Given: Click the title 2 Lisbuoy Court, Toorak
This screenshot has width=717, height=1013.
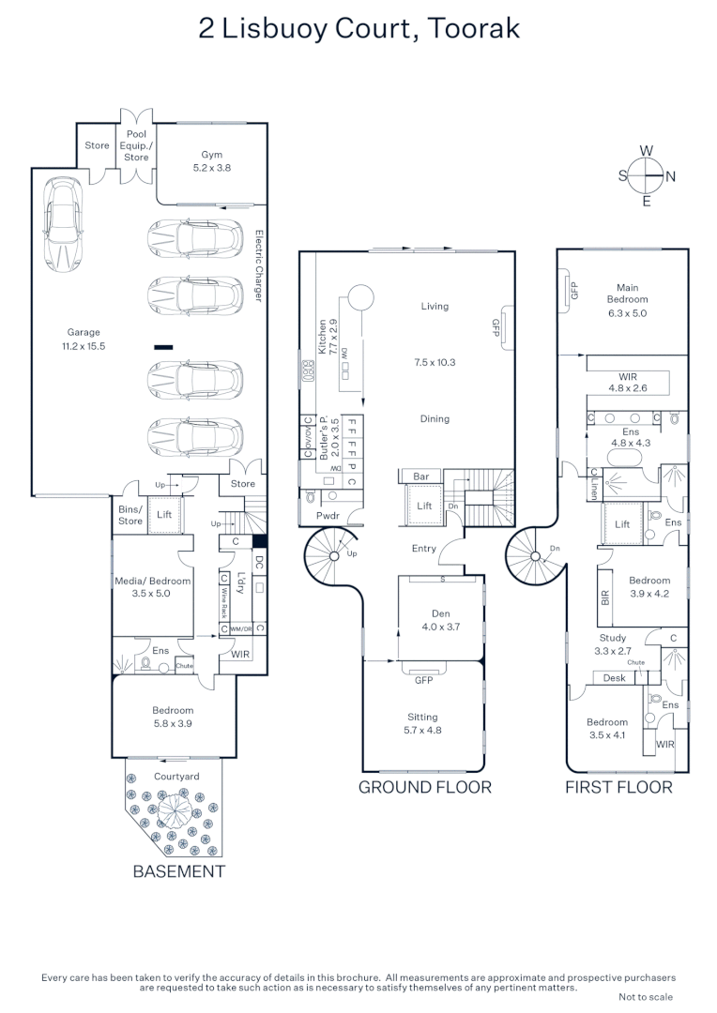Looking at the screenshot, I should (358, 29).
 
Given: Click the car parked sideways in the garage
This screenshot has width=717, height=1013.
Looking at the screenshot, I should (62, 225).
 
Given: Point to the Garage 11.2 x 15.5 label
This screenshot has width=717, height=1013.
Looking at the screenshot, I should (83, 339).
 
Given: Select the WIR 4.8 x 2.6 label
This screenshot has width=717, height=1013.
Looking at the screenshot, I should (628, 381).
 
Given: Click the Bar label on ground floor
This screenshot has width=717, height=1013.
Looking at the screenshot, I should (421, 476).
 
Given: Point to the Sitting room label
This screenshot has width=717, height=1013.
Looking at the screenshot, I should (422, 723).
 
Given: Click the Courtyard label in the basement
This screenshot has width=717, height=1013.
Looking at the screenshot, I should (176, 777).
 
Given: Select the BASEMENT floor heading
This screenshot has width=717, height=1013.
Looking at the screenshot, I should (178, 870).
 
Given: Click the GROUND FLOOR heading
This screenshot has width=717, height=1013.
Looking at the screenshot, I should (424, 787).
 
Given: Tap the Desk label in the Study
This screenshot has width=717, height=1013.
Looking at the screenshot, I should (615, 677).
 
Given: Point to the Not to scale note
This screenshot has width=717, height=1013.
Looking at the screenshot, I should (646, 997).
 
